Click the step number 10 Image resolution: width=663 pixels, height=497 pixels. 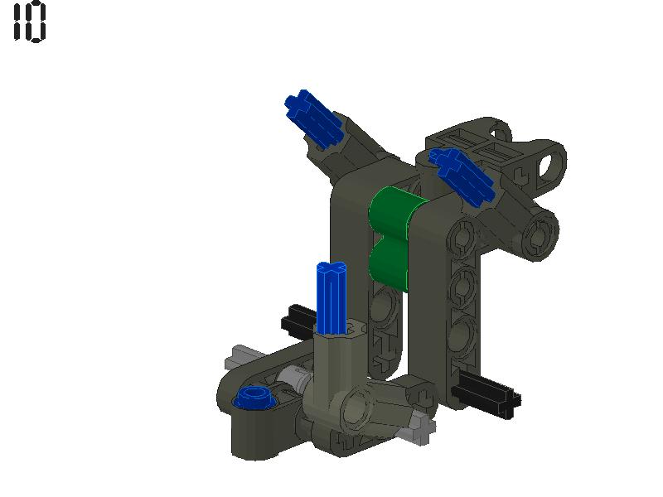(x=30, y=22)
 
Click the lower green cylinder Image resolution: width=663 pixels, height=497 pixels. (x=389, y=264)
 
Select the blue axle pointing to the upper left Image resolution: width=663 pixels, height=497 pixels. (x=312, y=117)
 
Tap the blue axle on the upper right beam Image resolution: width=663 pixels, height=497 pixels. (x=462, y=174)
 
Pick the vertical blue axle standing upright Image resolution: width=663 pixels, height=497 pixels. (x=331, y=298)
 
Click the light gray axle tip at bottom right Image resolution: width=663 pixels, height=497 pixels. (x=420, y=430)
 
